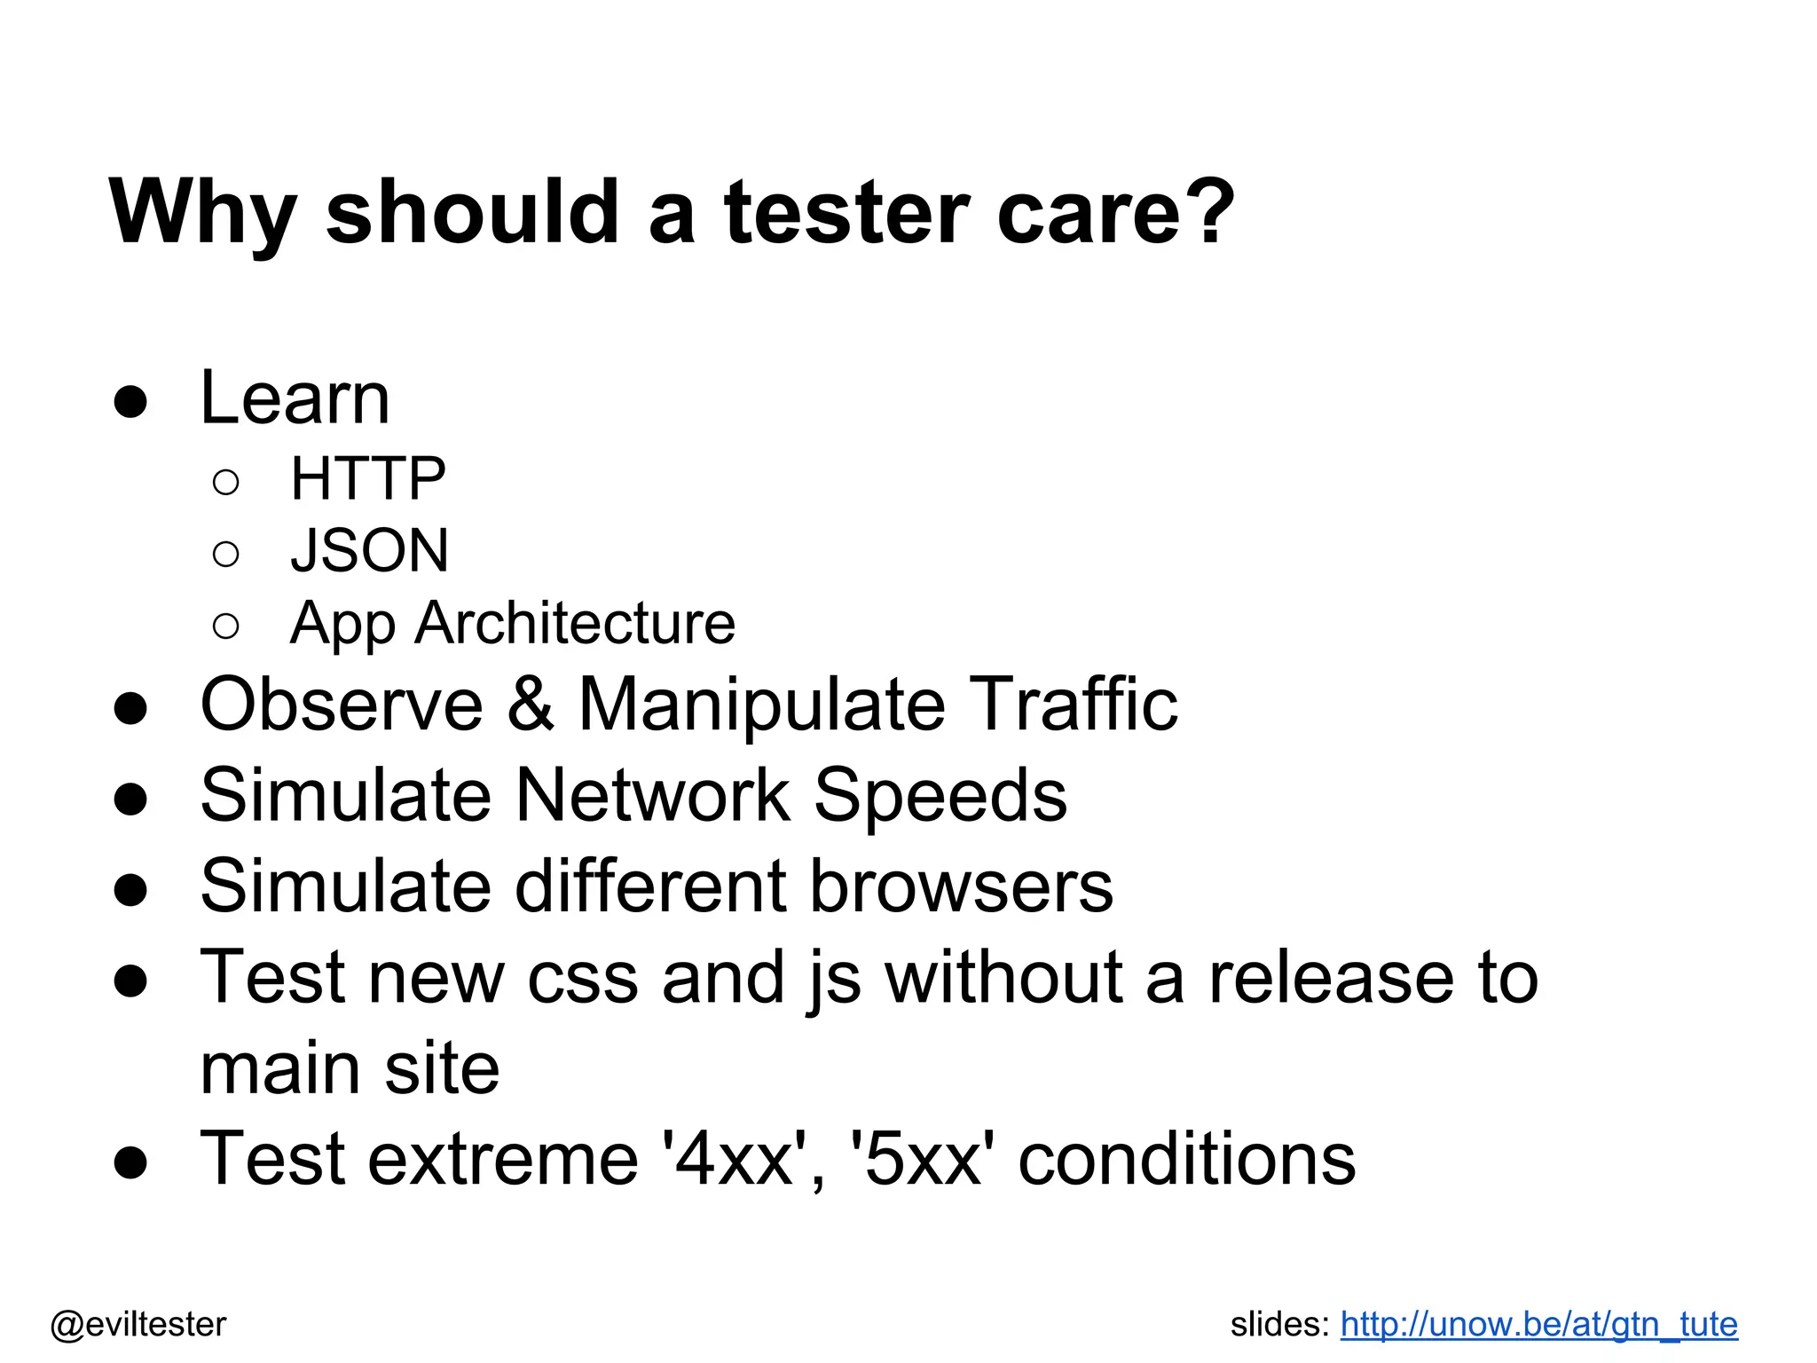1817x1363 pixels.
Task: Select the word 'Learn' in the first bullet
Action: click(x=295, y=398)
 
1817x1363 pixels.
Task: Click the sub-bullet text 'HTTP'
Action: click(x=368, y=479)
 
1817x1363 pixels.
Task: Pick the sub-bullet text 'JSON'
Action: click(x=370, y=551)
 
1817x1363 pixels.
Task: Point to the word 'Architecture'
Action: click(x=576, y=623)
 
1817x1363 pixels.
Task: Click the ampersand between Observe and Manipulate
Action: click(x=531, y=705)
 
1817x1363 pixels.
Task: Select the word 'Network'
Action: click(x=652, y=795)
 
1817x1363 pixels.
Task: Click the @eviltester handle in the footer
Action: click(x=138, y=1324)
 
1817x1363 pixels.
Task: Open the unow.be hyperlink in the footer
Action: click(x=1538, y=1324)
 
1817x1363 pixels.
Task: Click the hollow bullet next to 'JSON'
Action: click(x=226, y=555)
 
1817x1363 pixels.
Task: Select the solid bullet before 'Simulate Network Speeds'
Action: click(x=131, y=798)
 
